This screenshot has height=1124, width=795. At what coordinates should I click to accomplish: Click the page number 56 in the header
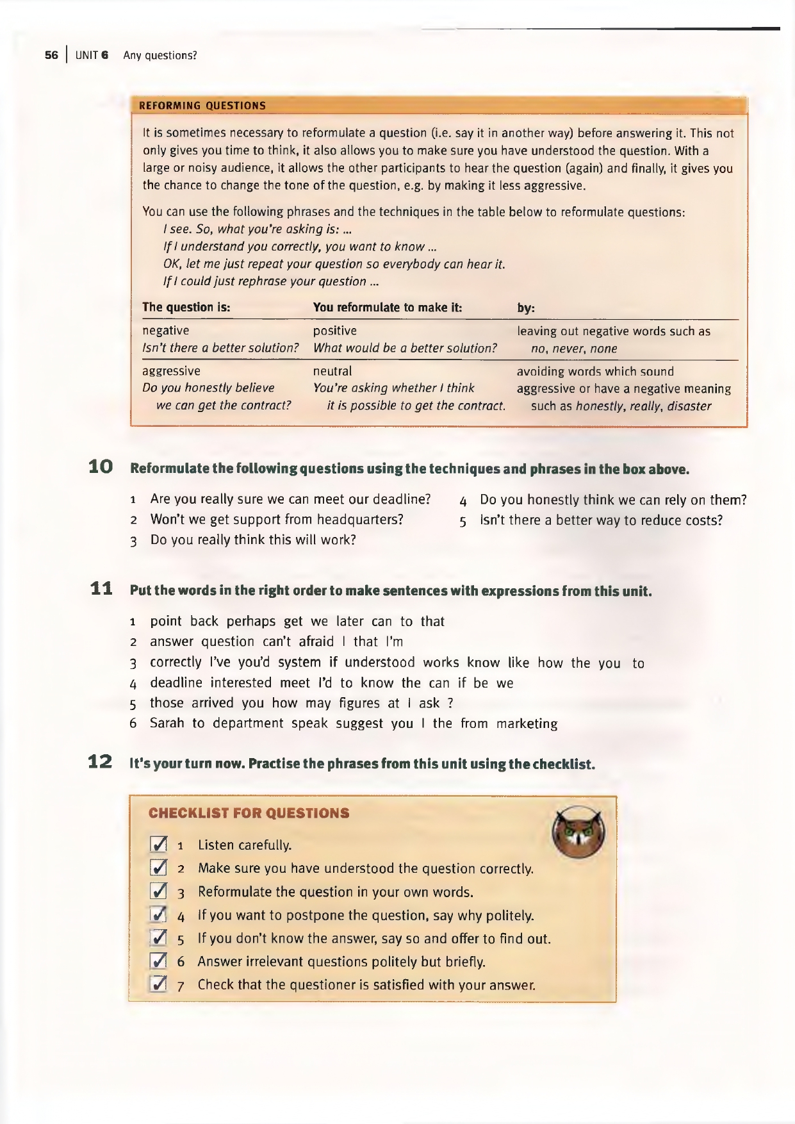(x=51, y=55)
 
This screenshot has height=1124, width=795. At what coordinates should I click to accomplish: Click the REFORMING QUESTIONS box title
(x=202, y=106)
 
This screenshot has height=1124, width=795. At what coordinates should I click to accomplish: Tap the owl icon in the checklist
(x=578, y=832)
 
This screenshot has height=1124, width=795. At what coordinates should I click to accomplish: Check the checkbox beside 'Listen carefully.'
(x=158, y=845)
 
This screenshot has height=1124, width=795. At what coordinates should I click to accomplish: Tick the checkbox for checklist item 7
(x=158, y=984)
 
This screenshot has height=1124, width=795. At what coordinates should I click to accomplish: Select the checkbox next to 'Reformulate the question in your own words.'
(x=158, y=891)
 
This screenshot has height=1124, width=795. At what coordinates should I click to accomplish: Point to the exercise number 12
(x=101, y=763)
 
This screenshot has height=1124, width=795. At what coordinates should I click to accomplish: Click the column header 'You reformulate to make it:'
(x=387, y=308)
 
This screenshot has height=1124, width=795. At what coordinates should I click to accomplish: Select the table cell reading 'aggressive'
(x=171, y=371)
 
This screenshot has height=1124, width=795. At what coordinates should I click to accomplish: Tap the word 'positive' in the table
(x=334, y=331)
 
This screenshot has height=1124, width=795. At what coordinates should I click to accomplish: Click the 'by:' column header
(x=526, y=308)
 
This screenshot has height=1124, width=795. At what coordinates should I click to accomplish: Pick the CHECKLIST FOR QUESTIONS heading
(x=249, y=813)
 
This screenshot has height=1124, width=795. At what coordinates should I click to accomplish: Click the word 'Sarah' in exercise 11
(x=167, y=723)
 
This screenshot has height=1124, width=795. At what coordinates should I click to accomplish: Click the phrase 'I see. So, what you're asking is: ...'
(x=258, y=229)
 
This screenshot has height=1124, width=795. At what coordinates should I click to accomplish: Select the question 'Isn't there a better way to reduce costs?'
(x=601, y=520)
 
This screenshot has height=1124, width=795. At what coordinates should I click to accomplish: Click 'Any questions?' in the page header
(x=160, y=55)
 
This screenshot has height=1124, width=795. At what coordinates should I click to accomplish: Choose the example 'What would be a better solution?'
(x=405, y=349)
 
